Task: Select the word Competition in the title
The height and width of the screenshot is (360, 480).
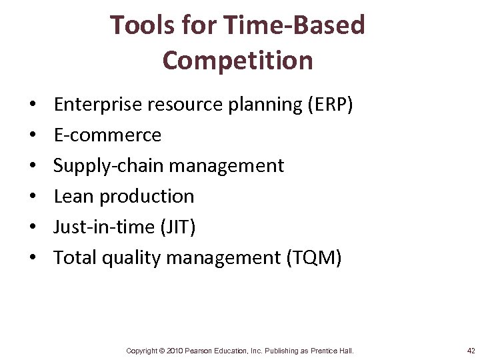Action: click(237, 60)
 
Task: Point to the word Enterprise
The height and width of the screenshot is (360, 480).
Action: click(94, 105)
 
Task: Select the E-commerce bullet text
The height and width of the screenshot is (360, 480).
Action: click(107, 135)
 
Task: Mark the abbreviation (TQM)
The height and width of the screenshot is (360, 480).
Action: click(313, 258)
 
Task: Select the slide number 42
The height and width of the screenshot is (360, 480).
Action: click(471, 351)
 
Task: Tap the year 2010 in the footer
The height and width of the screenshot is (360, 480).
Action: click(175, 351)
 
